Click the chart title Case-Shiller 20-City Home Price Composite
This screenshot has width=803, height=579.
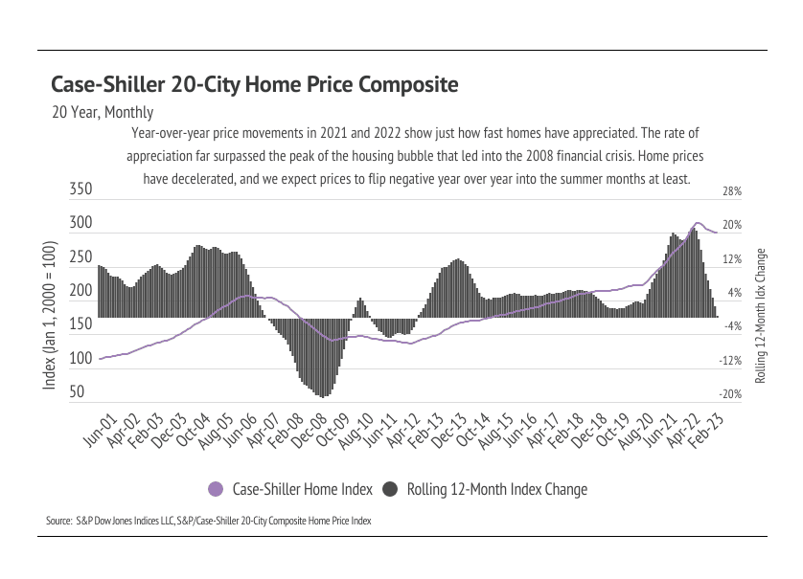point(254,85)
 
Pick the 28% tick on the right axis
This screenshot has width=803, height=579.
point(732,192)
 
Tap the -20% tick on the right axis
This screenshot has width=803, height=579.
point(732,394)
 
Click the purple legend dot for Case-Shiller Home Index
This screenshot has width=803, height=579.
point(216,490)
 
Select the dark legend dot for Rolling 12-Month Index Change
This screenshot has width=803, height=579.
point(391,490)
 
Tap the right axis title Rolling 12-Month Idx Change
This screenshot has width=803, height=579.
point(762,316)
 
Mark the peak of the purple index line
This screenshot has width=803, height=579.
point(698,223)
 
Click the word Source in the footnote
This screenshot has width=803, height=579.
point(58,522)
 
